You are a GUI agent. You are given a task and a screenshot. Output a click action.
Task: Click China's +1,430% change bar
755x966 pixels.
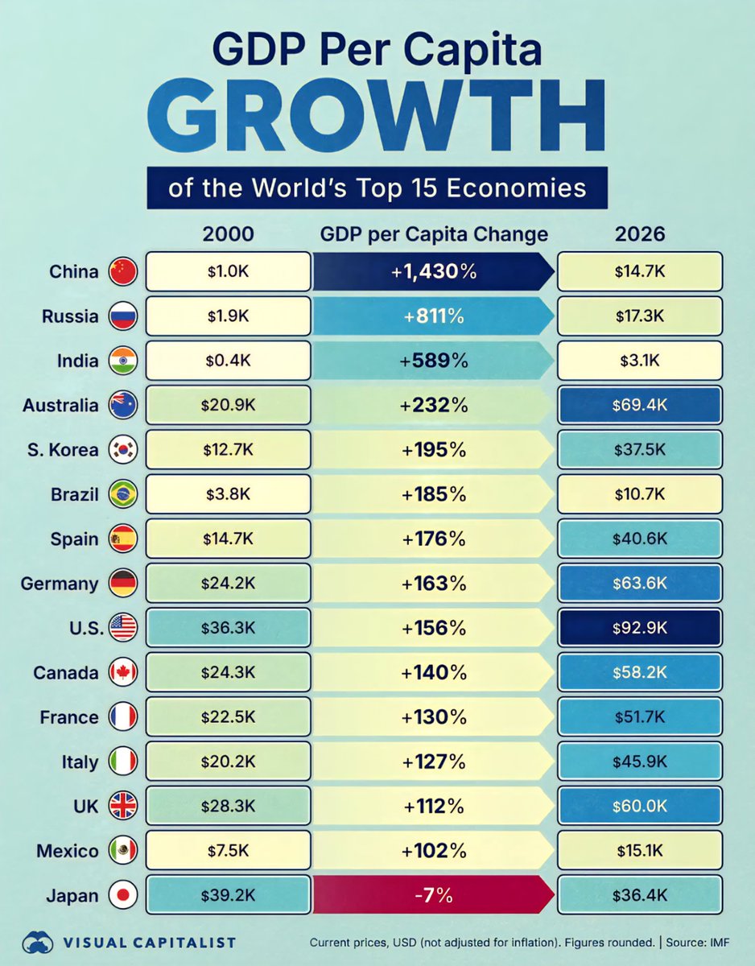[x=433, y=272]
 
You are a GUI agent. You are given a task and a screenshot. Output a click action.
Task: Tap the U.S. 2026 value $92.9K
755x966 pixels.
[x=639, y=629]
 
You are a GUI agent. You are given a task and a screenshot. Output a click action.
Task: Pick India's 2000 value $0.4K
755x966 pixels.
[x=229, y=361]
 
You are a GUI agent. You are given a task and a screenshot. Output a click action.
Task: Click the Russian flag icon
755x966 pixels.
[x=123, y=317]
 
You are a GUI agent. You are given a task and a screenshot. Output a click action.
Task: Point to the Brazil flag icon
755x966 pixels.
[x=123, y=495]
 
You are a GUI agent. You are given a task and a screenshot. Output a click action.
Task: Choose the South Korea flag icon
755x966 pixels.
[x=123, y=451]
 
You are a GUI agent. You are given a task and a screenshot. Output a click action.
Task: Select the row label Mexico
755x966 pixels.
[x=67, y=851]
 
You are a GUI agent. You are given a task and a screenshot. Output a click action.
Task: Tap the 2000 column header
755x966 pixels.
[x=228, y=234]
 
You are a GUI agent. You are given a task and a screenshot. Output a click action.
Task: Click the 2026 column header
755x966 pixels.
[x=639, y=234]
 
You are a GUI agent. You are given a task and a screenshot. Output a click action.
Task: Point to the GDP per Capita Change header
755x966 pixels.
[x=434, y=234]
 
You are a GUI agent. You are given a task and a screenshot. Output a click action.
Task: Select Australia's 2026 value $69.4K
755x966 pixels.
[x=639, y=406]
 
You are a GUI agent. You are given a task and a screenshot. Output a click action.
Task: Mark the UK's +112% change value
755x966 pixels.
[x=434, y=807]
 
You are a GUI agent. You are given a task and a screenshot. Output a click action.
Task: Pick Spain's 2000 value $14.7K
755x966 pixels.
[x=229, y=539]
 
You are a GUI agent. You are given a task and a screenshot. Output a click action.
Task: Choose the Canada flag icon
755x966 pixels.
[x=123, y=673]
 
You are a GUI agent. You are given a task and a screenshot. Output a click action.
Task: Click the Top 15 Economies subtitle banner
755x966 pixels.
[x=377, y=188]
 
